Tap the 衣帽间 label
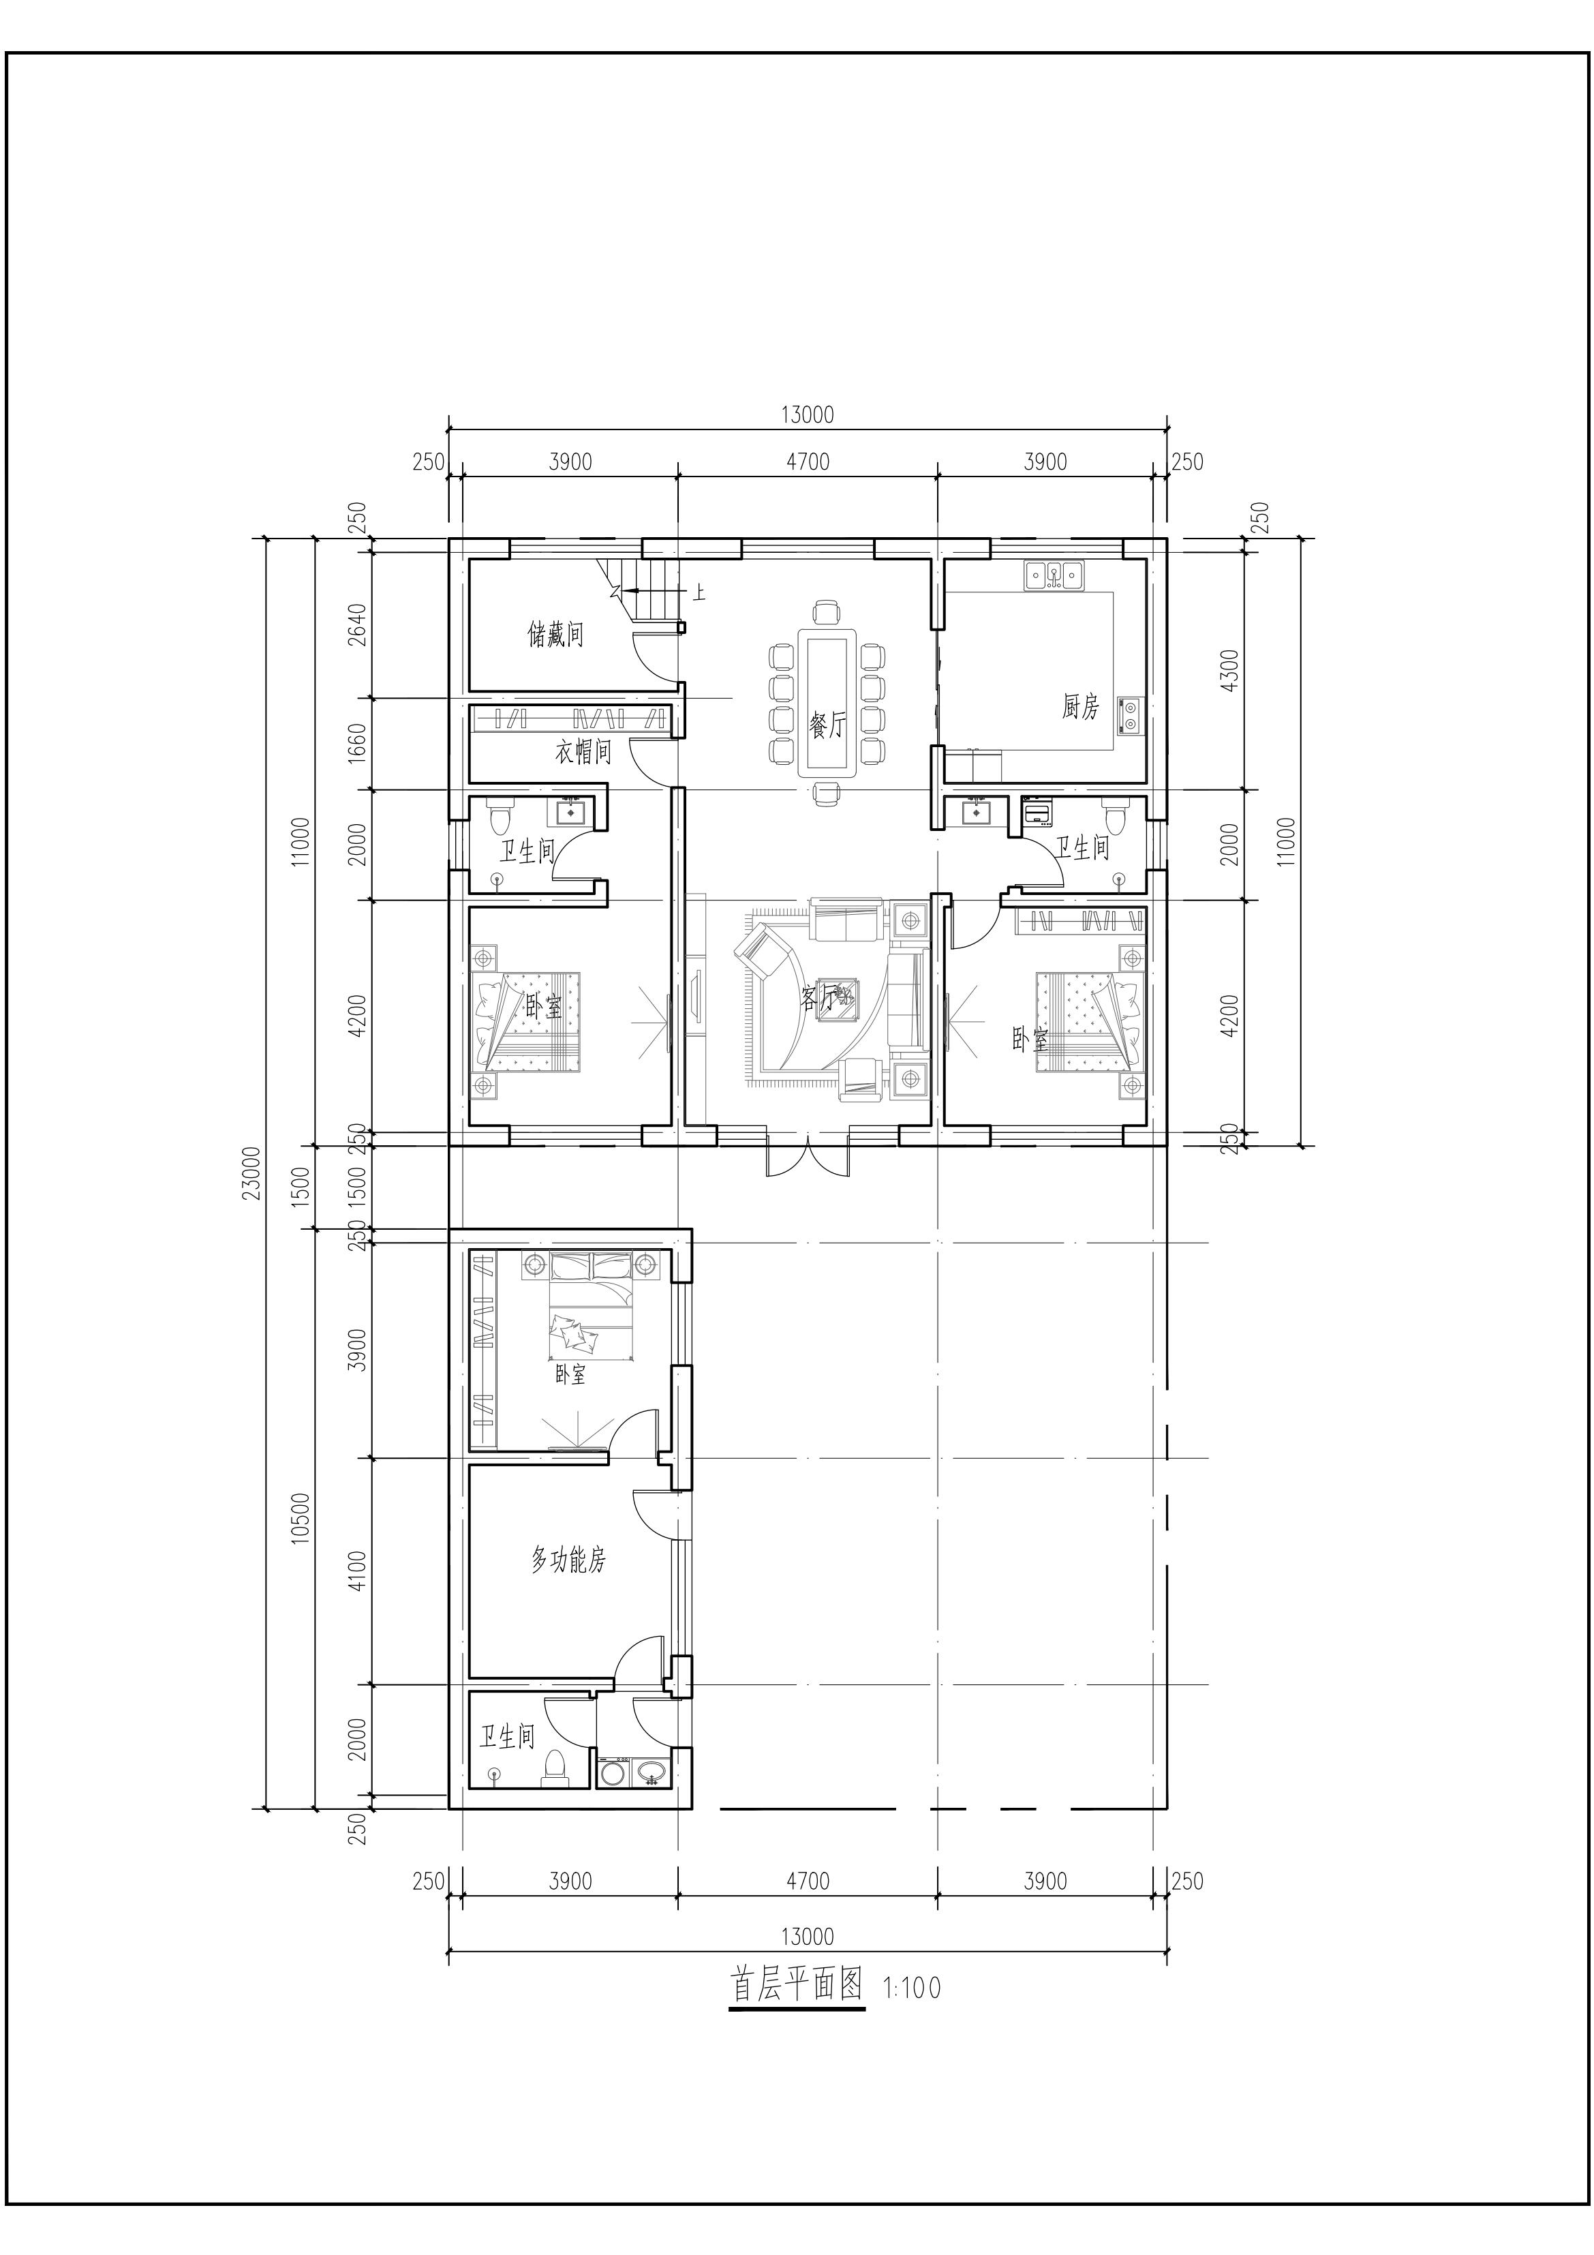click(x=583, y=753)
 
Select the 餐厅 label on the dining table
click(x=827, y=726)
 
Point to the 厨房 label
click(x=1080, y=706)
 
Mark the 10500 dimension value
click(x=301, y=1517)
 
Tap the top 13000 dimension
click(x=808, y=414)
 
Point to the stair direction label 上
click(x=699, y=592)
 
